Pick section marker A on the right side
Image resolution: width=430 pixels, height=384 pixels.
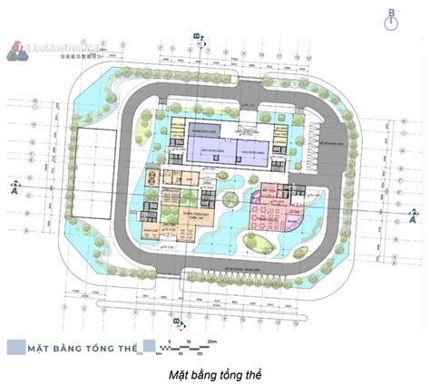(414, 217)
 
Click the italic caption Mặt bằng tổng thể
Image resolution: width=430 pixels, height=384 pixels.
(215, 372)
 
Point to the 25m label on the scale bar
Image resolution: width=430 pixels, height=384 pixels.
(211, 340)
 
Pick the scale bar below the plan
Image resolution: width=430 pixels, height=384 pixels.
(186, 347)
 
